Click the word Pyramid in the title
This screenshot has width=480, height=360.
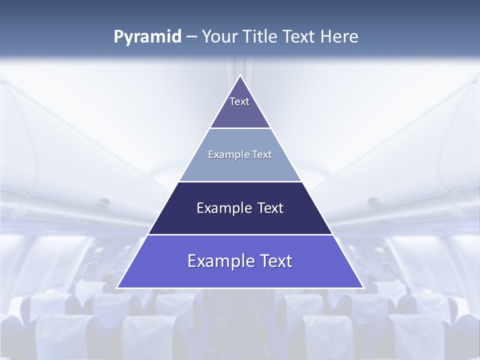click(147, 37)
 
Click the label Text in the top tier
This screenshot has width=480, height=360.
click(239, 101)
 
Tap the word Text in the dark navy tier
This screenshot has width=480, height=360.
click(271, 208)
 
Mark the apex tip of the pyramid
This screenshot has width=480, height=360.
click(240, 75)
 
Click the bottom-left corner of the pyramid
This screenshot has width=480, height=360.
click(117, 287)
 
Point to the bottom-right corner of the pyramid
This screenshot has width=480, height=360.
click(363, 287)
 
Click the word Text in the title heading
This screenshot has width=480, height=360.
click(300, 37)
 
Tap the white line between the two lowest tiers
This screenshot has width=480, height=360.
click(240, 234)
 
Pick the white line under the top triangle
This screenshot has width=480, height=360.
click(240, 128)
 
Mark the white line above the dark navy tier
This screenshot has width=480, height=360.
click(240, 181)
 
